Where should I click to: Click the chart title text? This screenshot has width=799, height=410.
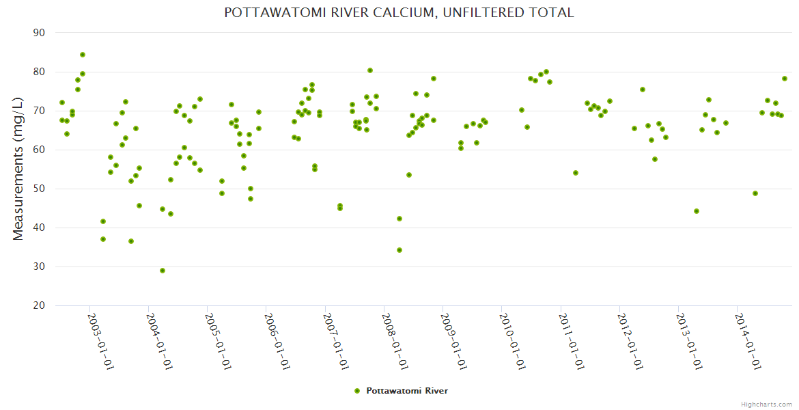pyautogui.click(x=399, y=12)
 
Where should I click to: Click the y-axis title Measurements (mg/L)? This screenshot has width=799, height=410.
pyautogui.click(x=18, y=169)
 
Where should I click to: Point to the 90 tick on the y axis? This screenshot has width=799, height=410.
pyautogui.click(x=39, y=33)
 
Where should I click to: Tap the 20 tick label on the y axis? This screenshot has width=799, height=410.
pyautogui.click(x=39, y=305)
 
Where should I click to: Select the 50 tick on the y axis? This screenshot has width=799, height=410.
pyautogui.click(x=39, y=189)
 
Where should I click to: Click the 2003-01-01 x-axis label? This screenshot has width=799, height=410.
pyautogui.click(x=100, y=342)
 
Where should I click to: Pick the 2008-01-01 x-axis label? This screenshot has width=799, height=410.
pyautogui.click(x=394, y=342)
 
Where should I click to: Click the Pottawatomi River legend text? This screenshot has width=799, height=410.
pyautogui.click(x=407, y=391)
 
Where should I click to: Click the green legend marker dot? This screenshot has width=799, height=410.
pyautogui.click(x=357, y=391)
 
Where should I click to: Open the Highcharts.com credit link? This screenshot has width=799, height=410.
pyautogui.click(x=766, y=404)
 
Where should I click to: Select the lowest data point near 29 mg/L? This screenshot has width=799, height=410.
pyautogui.click(x=163, y=271)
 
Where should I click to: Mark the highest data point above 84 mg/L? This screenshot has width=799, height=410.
pyautogui.click(x=83, y=55)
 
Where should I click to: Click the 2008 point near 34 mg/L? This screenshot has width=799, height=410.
pyautogui.click(x=399, y=250)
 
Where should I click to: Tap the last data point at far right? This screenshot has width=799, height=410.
pyautogui.click(x=785, y=79)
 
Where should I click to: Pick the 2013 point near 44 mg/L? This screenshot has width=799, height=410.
pyautogui.click(x=697, y=211)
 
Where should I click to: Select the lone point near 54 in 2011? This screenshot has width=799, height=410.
pyautogui.click(x=576, y=173)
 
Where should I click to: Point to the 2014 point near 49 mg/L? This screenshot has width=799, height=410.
pyautogui.click(x=755, y=193)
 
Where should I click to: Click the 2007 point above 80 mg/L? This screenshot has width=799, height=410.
pyautogui.click(x=370, y=70)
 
